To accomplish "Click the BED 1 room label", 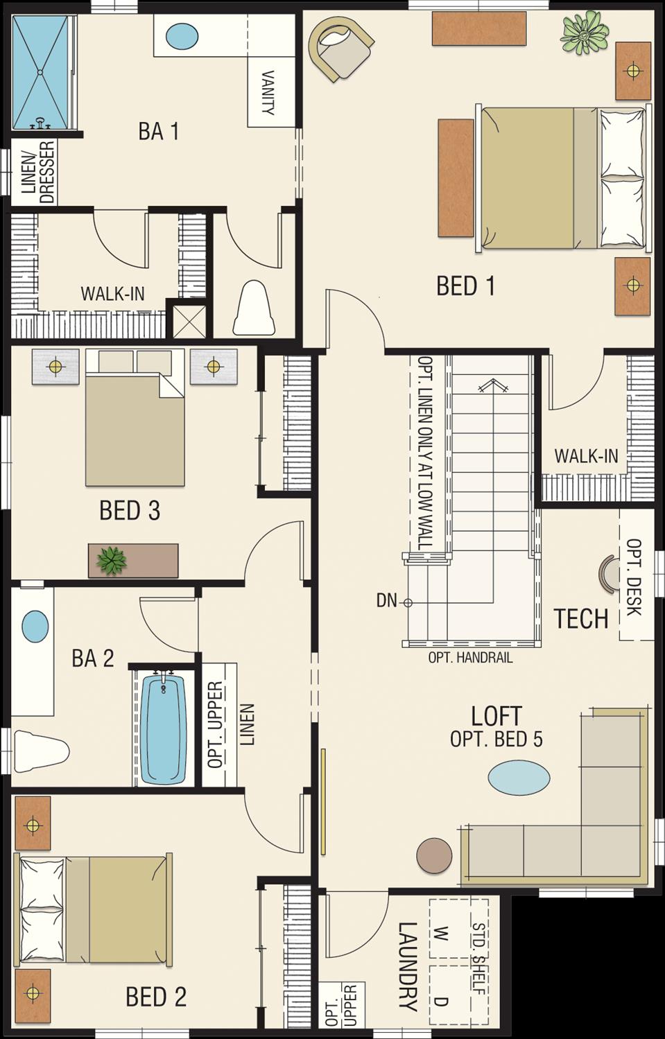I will (x=465, y=286).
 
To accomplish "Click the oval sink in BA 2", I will (x=35, y=626).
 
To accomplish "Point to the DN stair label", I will (x=386, y=601).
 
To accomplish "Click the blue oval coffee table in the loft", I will (x=519, y=776).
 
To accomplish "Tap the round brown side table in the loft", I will (x=435, y=854).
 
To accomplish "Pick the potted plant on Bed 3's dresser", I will (x=111, y=559).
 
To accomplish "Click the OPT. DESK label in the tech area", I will (x=633, y=577).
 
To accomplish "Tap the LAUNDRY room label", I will (x=407, y=966).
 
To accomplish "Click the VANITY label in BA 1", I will (x=268, y=93).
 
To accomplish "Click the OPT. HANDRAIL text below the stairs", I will (x=470, y=658).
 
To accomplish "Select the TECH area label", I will (x=580, y=618).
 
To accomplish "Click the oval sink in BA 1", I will (x=182, y=35).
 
